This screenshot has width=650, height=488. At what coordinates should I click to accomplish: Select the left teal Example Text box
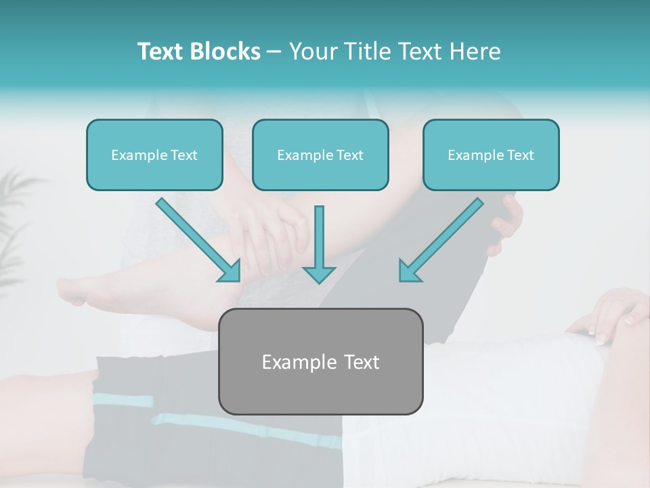[154, 155]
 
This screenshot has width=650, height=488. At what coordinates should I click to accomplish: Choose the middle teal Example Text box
[320, 155]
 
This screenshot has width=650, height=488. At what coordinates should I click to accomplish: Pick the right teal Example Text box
[491, 155]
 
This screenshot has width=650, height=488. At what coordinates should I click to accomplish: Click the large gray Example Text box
[320, 361]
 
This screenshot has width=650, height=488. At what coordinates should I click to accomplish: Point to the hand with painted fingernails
[606, 315]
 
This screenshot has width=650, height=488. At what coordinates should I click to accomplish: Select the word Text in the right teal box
[521, 155]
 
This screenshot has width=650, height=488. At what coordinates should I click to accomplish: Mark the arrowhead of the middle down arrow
[319, 274]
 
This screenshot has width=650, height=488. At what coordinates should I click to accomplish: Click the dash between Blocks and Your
[274, 52]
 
